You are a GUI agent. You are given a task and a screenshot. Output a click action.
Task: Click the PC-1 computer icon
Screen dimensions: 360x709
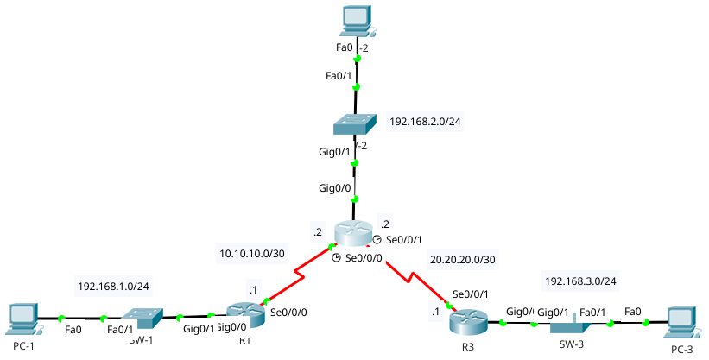pos(21,319)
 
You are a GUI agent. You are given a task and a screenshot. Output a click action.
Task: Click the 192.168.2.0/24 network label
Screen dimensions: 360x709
pos(425,122)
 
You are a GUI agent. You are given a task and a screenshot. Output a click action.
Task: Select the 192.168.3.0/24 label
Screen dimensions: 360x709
pos(579,281)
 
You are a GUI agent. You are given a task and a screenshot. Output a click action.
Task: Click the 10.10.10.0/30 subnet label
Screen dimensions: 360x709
pos(253,254)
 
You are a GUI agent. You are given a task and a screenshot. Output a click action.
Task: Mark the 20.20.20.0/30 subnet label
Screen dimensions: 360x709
pos(463,259)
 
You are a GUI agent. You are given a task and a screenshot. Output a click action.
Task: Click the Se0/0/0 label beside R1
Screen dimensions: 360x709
pos(288,312)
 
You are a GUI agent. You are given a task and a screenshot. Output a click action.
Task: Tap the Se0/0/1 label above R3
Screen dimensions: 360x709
pos(471,294)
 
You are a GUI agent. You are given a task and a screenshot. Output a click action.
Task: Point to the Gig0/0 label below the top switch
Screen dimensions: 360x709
pos(335,188)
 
